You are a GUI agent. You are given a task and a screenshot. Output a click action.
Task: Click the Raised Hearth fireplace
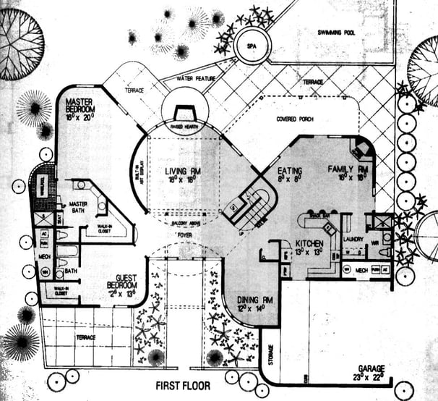[184, 116]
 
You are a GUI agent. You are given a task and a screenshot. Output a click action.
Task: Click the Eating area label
[289, 171]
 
